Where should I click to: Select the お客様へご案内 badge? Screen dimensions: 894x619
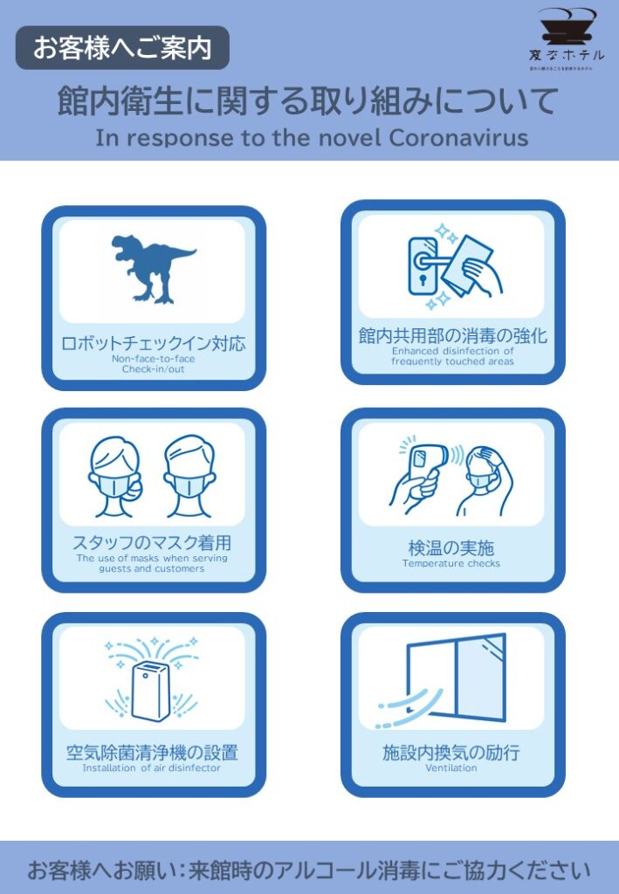tap(122, 48)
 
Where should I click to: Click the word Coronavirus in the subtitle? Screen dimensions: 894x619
tap(458, 138)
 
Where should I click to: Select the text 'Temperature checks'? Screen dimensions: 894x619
tap(451, 564)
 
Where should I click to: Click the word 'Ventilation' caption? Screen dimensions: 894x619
tap(451, 768)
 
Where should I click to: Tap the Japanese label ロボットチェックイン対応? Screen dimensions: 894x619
tap(153, 343)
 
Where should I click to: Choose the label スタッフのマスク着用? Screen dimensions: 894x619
tap(152, 543)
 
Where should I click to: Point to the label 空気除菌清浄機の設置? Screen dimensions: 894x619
tap(152, 753)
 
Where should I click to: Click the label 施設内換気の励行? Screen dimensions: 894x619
tap(452, 753)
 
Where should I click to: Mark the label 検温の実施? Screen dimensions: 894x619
tap(451, 547)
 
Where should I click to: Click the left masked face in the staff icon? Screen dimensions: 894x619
tap(114, 477)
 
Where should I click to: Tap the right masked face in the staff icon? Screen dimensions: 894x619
tap(190, 477)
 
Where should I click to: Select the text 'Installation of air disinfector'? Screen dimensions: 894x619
tap(152, 768)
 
